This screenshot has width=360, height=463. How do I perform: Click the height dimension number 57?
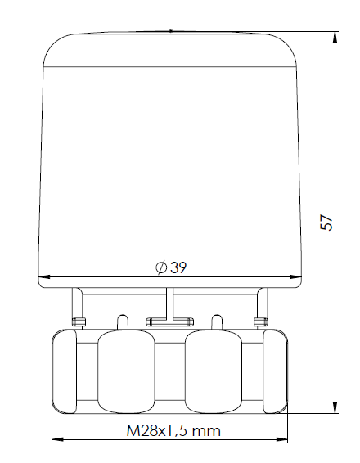tap(327, 222)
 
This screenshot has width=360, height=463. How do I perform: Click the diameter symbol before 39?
tap(161, 267)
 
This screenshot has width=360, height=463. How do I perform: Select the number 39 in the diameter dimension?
tap(178, 267)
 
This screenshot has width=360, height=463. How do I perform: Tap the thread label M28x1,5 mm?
tap(172, 429)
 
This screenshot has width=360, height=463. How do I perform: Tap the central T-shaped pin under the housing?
tap(169, 315)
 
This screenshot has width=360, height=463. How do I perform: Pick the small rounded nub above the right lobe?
tap(218, 321)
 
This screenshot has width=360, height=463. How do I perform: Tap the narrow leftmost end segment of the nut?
tap(64, 370)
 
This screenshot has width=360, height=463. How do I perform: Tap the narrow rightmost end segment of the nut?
tap(278, 370)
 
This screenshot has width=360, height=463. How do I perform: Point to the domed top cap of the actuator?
tap(172, 49)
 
